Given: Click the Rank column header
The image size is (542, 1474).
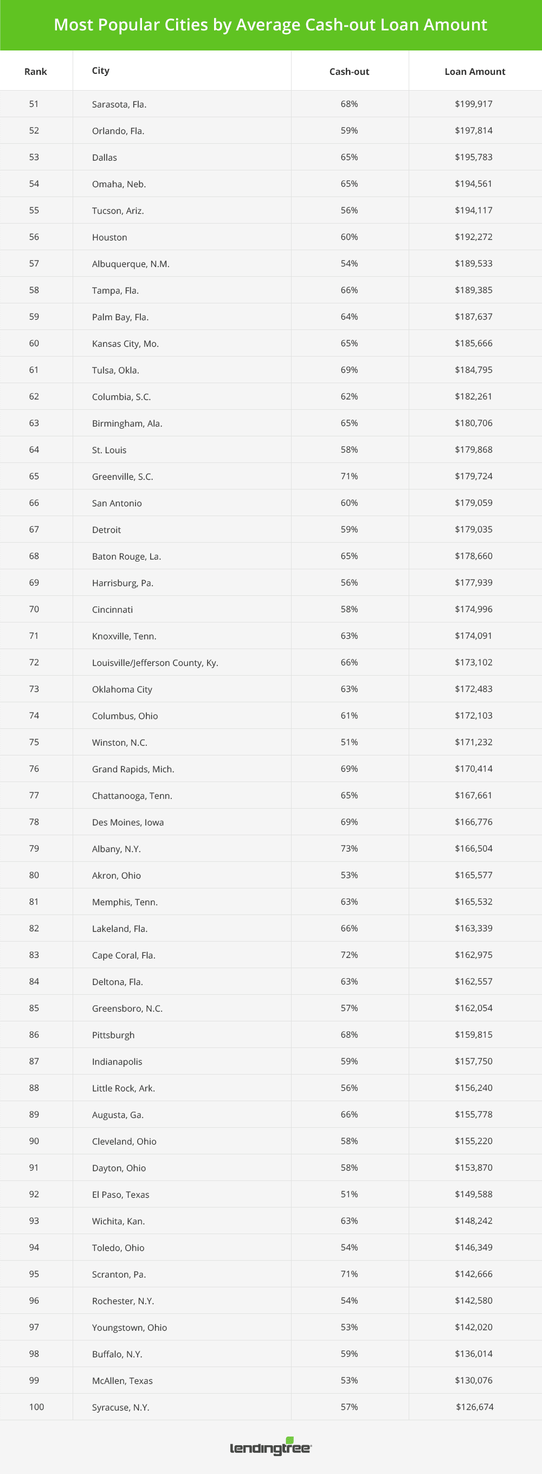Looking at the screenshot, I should [35, 72].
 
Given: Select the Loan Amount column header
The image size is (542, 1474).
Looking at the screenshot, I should [475, 72].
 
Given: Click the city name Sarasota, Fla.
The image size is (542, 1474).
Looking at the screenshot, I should [119, 104].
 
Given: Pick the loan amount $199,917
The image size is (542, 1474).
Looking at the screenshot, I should [473, 104].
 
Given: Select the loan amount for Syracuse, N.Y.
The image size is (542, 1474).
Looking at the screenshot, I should [475, 1407].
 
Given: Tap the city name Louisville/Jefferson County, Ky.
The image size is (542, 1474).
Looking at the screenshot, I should [155, 663].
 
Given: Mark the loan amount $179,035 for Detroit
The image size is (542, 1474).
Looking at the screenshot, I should [473, 529].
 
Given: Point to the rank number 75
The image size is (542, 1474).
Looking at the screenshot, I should [34, 742].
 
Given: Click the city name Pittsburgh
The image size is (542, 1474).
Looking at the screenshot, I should [113, 1035].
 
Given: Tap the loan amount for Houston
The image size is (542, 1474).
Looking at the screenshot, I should [473, 237].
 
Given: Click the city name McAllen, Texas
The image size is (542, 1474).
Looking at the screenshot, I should [122, 1381].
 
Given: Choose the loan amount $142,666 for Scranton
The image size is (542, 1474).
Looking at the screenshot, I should [473, 1274].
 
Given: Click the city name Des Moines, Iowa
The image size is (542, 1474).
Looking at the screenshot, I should [127, 822].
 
